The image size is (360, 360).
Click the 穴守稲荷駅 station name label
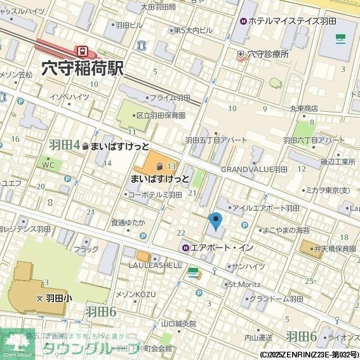pyautogui.click(x=82, y=68)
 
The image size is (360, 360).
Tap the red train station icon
pyautogui.click(x=82, y=50)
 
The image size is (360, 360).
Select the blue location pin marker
pyautogui.click(x=216, y=222)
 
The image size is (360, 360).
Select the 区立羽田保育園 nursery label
pyautogui.click(x=160, y=116)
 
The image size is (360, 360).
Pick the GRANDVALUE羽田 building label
pyautogui.click(x=254, y=170)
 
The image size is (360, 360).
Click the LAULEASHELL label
pyautogui.click(x=156, y=265)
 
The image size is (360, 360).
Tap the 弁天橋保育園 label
pyautogui.click(x=335, y=250)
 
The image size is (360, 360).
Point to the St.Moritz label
pyautogui.click(x=241, y=284)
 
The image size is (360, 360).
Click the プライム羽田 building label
pyautogui.click(x=170, y=98)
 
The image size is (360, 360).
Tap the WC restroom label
pyautogui.click(x=48, y=164)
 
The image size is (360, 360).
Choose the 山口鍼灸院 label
pyautogui.click(x=178, y=323)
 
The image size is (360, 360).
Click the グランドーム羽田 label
pyautogui.click(x=276, y=298)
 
